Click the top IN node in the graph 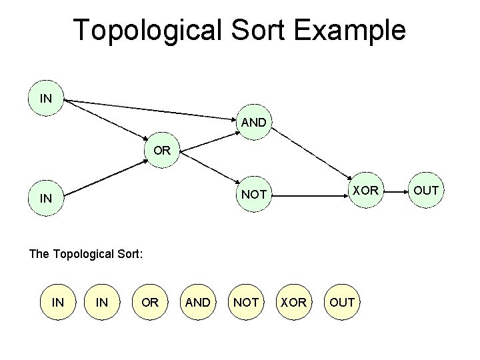coord(46,99)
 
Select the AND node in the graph coord(253,123)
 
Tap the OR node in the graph coord(161,151)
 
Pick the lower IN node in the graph coord(46,198)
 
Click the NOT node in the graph coord(253,195)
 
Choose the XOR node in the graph coord(365,191)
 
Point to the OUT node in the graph coord(426,191)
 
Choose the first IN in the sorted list coord(58,302)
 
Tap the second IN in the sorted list coord(102,302)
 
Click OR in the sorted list coord(150,302)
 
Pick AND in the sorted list coord(197,302)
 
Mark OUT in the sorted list coord(343,302)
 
